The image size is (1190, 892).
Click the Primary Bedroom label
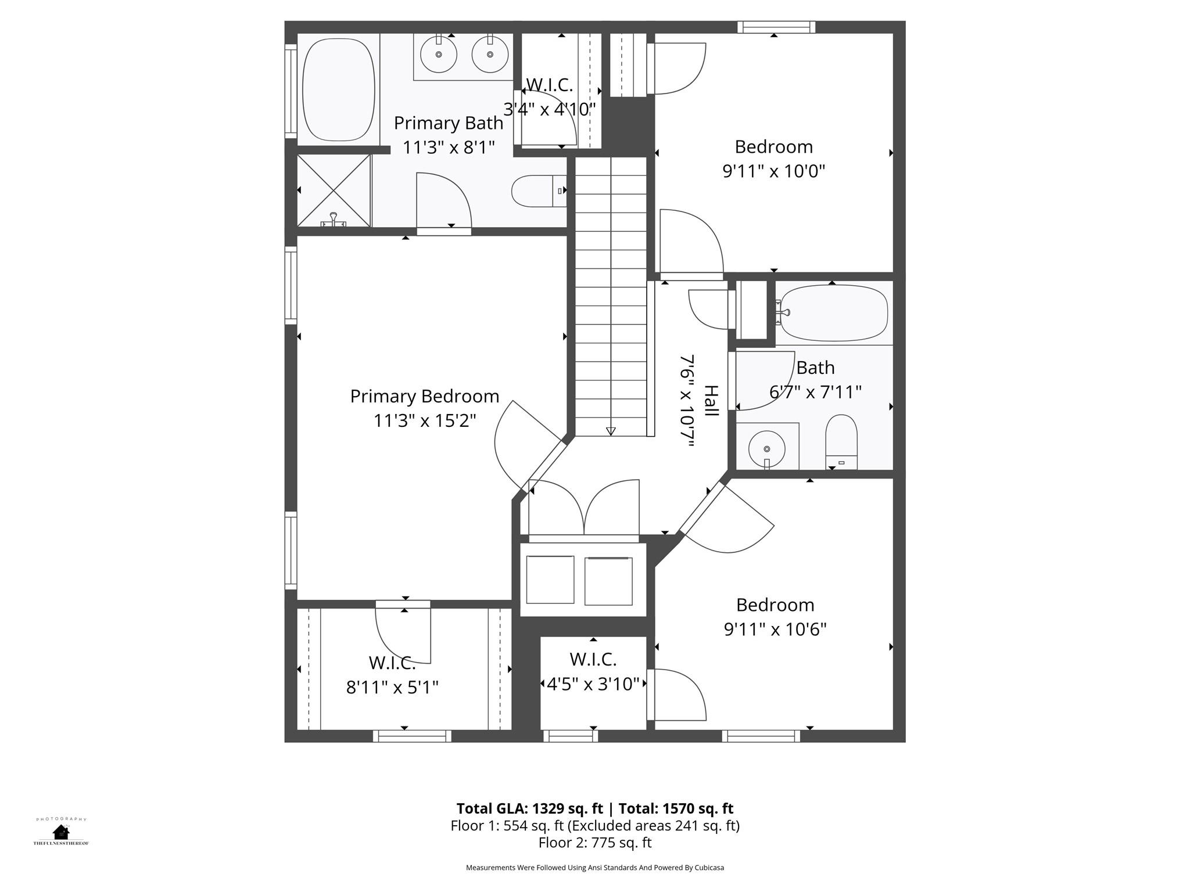[x=424, y=396]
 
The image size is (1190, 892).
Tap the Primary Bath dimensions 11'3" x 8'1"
[x=449, y=148]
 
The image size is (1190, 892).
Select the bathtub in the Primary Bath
[x=339, y=90]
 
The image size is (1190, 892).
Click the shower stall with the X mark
[x=334, y=190]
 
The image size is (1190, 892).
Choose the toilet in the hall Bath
[x=841, y=441]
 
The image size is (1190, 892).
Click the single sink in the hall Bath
[x=766, y=448]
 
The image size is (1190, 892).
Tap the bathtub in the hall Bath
[x=834, y=313]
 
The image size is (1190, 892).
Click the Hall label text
[x=712, y=401]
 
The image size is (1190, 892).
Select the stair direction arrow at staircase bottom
[x=611, y=431]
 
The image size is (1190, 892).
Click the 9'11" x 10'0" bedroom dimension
[x=773, y=171]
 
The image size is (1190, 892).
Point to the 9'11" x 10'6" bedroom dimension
[x=775, y=630]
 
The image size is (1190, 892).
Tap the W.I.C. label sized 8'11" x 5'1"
[x=392, y=663]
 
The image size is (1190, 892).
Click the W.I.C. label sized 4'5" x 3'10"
[x=593, y=660]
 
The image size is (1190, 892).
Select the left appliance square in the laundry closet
[x=550, y=580]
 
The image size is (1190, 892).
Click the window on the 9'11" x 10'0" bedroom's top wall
[x=776, y=27]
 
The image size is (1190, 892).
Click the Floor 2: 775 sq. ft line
[x=595, y=843]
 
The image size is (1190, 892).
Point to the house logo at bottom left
[x=60, y=832]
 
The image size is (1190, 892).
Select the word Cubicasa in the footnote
[x=709, y=868]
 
